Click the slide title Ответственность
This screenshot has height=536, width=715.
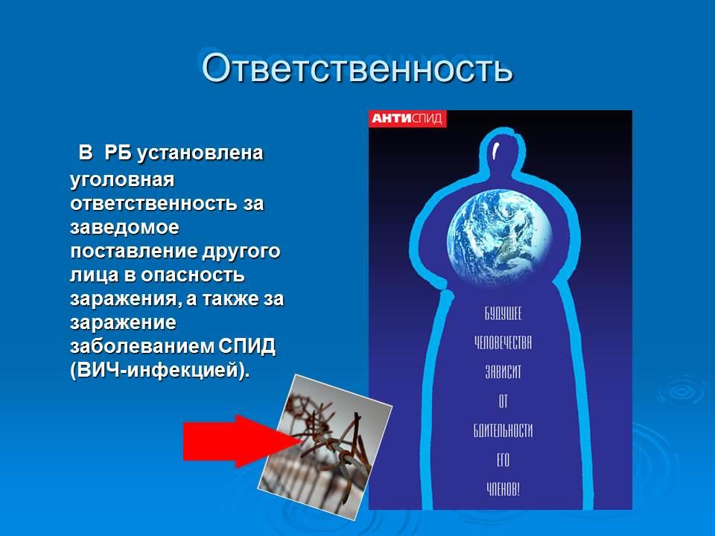coord(357,68)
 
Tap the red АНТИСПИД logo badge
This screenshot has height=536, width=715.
coord(407,118)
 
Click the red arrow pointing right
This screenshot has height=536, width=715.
coord(241,441)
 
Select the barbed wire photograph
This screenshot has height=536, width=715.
coord(324,447)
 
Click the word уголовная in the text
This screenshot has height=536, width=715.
coord(122,179)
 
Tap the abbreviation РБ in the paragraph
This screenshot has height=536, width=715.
coord(118,153)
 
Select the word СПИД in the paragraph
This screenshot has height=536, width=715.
coord(247,346)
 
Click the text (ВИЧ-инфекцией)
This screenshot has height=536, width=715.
coord(160,371)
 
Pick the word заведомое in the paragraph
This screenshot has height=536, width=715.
coord(124,227)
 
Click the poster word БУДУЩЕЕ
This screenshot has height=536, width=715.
coord(503,314)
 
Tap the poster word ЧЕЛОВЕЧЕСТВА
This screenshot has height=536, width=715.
coord(503,342)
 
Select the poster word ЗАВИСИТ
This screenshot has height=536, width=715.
coord(503,372)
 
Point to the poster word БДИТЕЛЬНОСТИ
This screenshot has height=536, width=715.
coord(503,431)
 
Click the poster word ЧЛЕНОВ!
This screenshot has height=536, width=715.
coord(503,490)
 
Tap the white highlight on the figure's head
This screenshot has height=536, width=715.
coord(496,150)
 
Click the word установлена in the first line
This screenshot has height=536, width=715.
coord(200,153)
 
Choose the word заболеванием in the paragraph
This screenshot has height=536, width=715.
coord(142,346)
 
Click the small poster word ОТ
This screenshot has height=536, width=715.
coord(503,401)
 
